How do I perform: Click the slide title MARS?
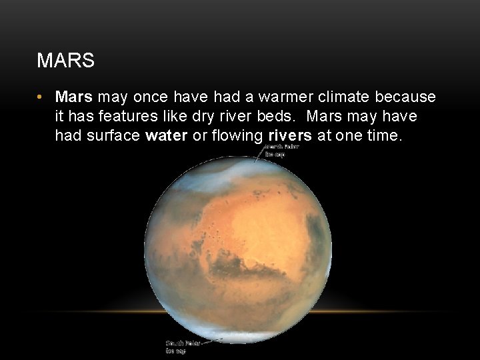66,61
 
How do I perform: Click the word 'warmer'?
287,97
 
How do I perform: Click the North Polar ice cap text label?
282,151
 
